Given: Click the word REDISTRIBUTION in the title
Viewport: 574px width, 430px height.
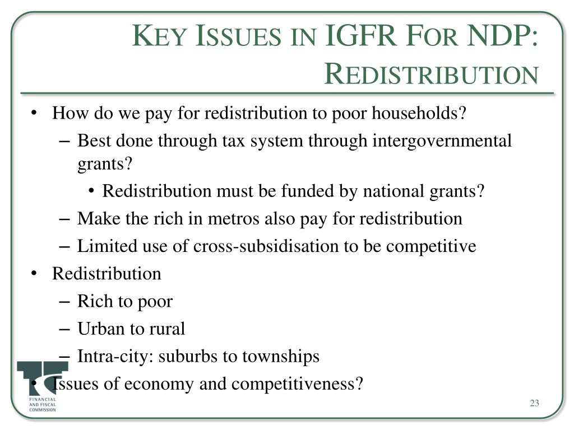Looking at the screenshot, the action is click(431, 74).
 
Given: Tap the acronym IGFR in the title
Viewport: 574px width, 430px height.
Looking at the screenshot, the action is click(360, 35).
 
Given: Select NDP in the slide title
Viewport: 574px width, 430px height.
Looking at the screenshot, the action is click(503, 35).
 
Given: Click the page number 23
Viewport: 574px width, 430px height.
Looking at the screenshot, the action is click(534, 403).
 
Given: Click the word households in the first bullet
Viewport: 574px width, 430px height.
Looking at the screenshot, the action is click(419, 113).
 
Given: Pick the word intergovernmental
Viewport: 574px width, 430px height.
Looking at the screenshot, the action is click(442, 141).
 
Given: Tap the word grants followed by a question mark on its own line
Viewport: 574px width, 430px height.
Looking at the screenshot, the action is click(104, 164).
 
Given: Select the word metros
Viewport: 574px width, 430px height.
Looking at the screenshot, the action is click(234, 219).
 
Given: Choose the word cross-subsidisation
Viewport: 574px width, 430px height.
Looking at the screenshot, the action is click(266, 246).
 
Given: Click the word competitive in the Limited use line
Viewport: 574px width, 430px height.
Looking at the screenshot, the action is click(431, 246).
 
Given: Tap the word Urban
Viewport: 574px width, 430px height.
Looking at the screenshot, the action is click(101, 328).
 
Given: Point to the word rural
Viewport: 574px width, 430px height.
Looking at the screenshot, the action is click(166, 328).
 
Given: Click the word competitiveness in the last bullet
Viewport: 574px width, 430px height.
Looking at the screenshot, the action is click(297, 384).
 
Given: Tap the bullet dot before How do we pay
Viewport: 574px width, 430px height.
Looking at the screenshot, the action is click(34, 113).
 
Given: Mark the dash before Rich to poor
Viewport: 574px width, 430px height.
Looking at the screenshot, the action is click(64, 302).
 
